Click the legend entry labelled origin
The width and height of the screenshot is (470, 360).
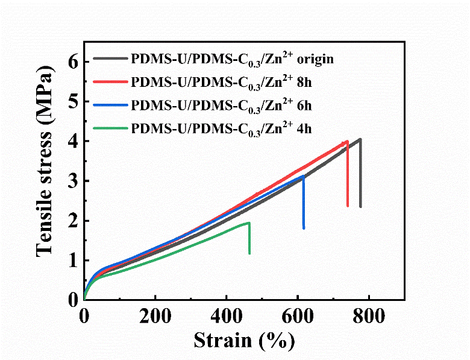point(233,59)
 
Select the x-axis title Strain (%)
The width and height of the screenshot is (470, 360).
point(244,341)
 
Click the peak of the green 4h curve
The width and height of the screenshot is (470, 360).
point(248,223)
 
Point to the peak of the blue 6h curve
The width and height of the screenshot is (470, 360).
point(303,176)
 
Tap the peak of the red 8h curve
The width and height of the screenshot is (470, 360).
point(346,142)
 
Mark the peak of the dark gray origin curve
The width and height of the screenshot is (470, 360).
point(360,139)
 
